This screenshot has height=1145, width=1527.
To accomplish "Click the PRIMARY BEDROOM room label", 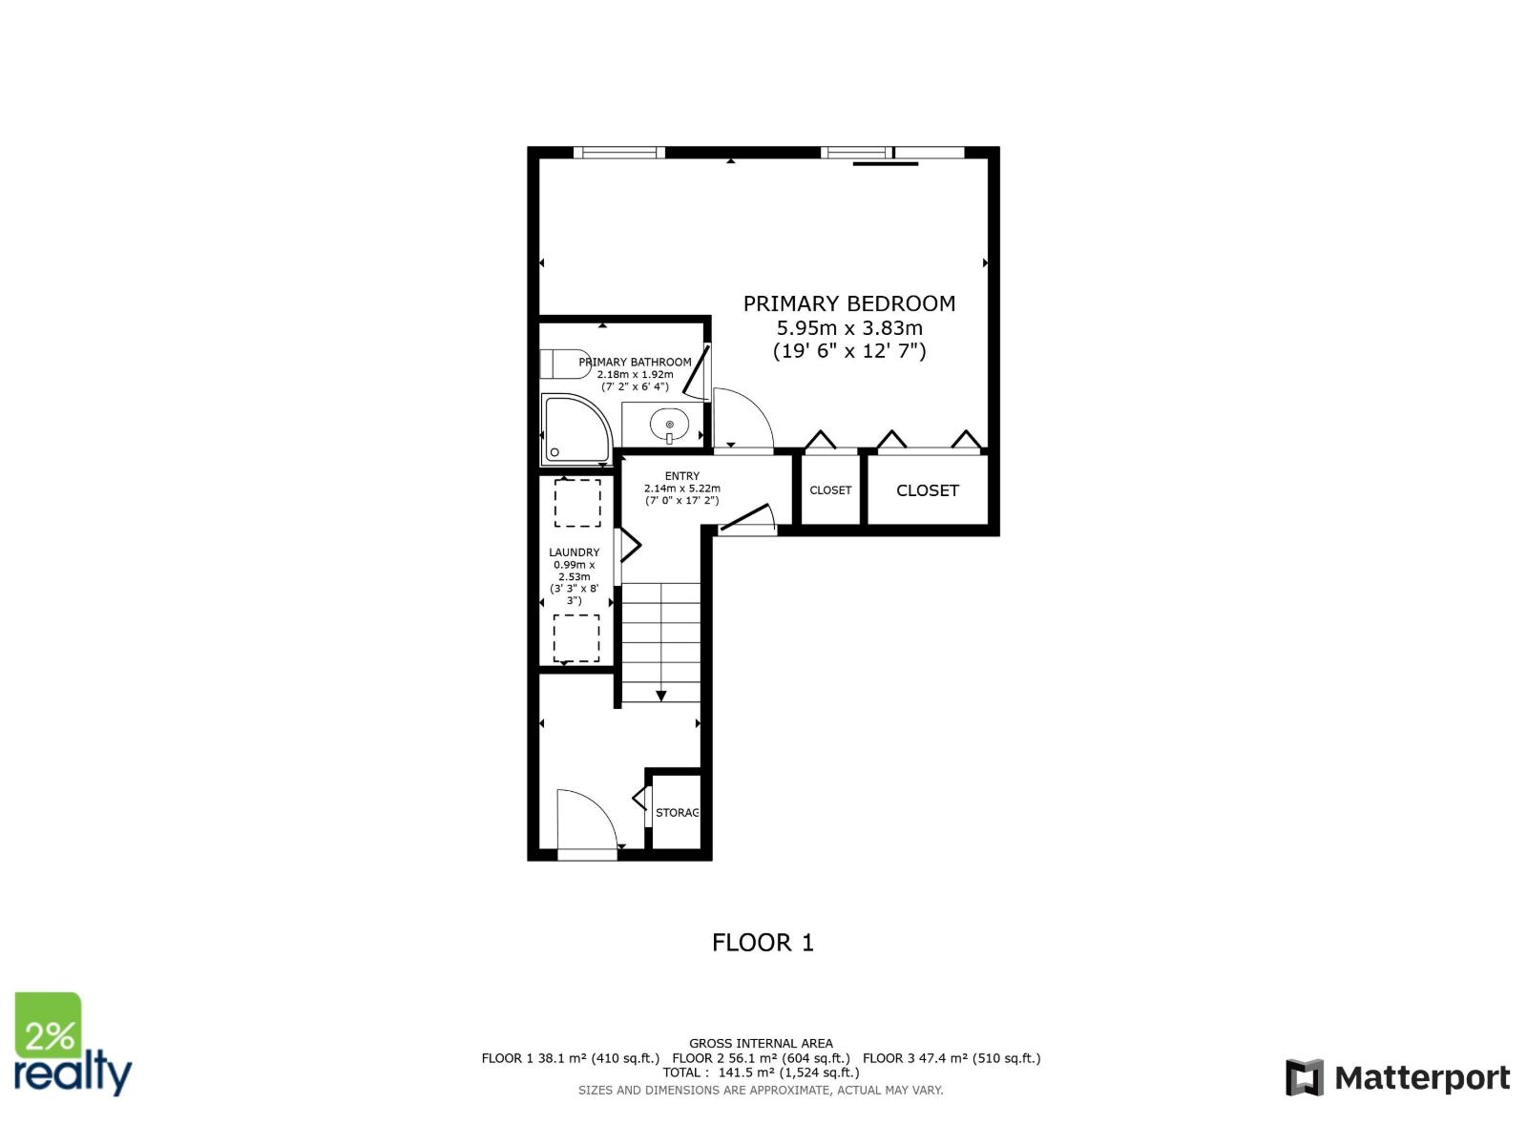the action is [848, 303].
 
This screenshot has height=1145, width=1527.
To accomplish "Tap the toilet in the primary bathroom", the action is [565, 364].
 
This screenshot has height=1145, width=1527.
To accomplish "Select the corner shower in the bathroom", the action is [576, 429].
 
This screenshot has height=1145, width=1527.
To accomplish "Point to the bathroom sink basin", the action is [669, 424].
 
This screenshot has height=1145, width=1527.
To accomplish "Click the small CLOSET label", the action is [830, 490].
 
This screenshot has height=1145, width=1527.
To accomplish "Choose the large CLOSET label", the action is [928, 490].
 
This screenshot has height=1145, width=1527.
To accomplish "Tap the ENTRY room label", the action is [681, 476].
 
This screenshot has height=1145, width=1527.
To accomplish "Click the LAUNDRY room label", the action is [574, 552].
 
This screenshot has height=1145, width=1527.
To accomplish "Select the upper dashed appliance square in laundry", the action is [577, 503].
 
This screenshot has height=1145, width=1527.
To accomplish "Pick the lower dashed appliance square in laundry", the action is [576, 638].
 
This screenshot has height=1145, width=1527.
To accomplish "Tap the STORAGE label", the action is [677, 813].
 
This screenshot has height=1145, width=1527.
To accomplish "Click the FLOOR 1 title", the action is [763, 943].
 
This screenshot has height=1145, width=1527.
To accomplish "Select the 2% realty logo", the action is [73, 1044].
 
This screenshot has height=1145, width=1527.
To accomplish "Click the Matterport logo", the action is [1397, 1078].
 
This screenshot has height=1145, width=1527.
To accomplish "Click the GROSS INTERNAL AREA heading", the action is [761, 1044].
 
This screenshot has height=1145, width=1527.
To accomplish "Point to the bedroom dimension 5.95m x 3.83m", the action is [849, 327].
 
